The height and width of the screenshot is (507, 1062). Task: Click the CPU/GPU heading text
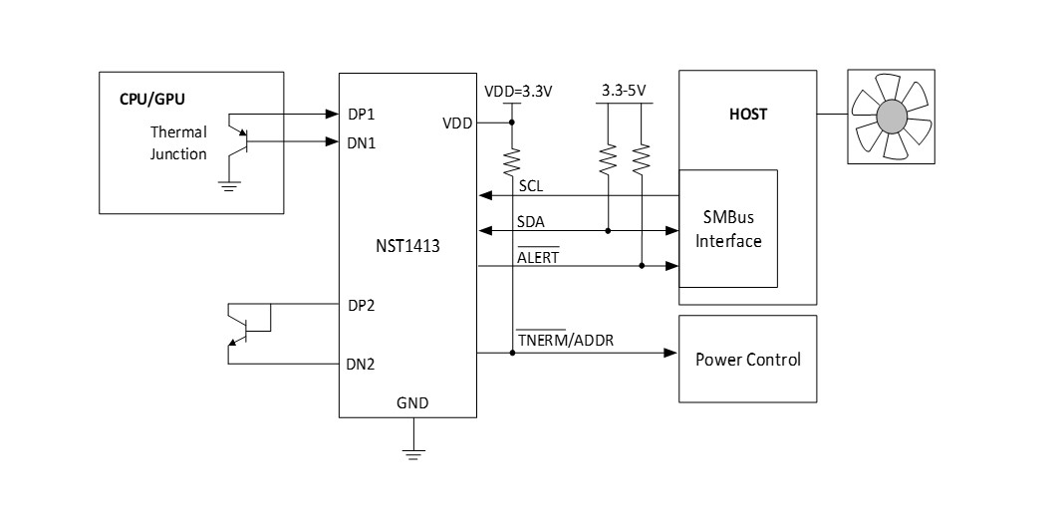(152, 100)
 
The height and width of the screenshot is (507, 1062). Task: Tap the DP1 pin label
(360, 114)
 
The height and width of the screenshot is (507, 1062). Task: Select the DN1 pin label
(360, 142)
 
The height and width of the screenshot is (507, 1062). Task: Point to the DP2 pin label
(360, 304)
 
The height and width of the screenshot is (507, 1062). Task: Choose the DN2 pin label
(360, 364)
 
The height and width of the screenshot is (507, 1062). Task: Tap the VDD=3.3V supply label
(518, 91)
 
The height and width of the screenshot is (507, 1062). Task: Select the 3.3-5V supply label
(624, 91)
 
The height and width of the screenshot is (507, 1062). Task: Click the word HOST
(748, 114)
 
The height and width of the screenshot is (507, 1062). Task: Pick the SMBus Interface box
(728, 230)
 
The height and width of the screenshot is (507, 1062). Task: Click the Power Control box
(747, 359)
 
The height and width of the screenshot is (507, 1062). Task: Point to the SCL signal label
(531, 186)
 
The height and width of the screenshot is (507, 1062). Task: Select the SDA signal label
(532, 222)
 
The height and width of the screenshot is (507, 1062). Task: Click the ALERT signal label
(538, 257)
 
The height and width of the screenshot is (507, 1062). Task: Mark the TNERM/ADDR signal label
(565, 341)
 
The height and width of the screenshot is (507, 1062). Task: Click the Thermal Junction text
(178, 142)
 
